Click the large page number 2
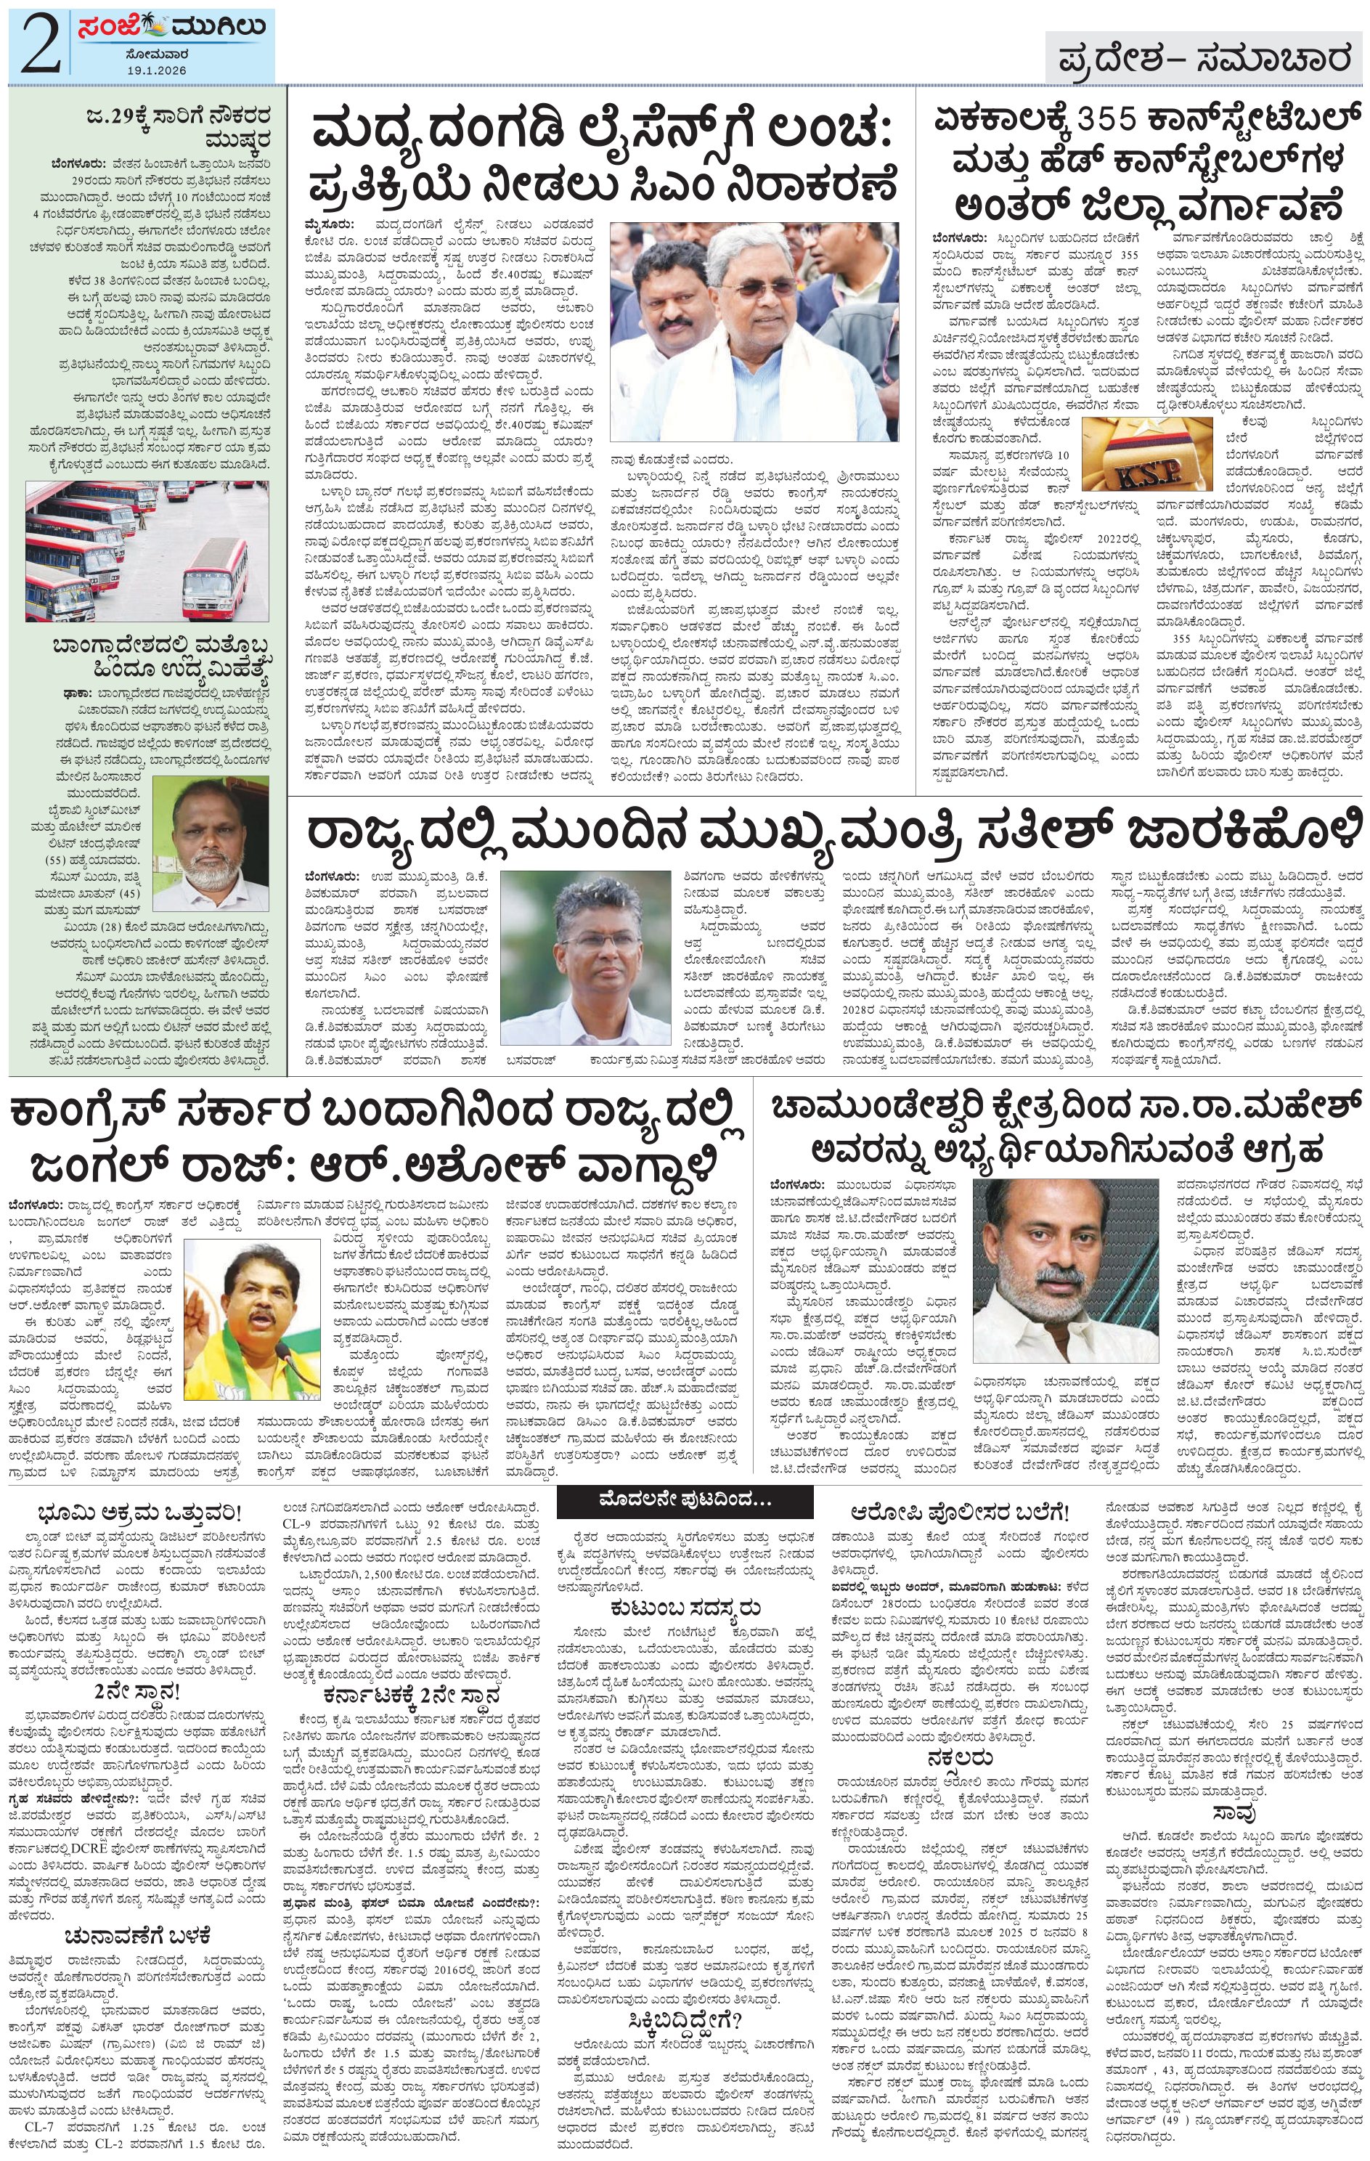[x=38, y=45]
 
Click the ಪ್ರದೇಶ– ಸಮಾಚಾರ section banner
[x=1203, y=60]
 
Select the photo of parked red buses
[x=146, y=550]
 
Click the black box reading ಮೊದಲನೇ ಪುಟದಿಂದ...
[x=685, y=1499]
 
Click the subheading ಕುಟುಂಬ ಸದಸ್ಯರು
[x=685, y=1606]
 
